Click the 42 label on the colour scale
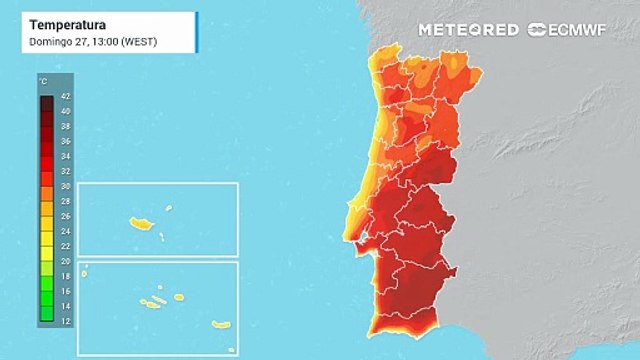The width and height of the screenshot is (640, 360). pos(64,97)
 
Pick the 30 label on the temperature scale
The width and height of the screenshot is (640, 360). pos(64,186)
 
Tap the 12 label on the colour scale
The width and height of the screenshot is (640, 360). pos(64,320)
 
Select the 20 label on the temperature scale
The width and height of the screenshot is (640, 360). pos(64,260)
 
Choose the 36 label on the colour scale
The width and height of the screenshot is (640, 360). pos(64,141)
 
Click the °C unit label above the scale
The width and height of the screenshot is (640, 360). pos(43,79)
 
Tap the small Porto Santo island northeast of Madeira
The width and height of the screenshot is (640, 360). pos(168,208)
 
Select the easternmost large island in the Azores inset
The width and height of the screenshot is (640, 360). pos(220,323)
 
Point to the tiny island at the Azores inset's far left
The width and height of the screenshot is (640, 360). pos(85,266)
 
